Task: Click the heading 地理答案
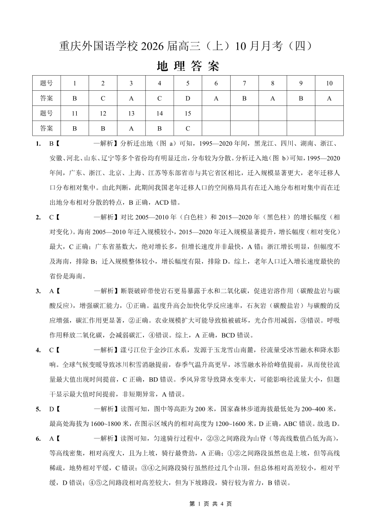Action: (x=188, y=66)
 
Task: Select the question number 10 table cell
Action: (x=329, y=83)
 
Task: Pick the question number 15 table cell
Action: (x=188, y=113)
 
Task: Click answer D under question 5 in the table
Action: (x=188, y=98)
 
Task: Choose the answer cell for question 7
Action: (x=244, y=98)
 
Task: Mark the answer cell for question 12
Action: (x=103, y=128)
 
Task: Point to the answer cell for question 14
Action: (x=160, y=128)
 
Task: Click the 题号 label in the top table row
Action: (x=46, y=83)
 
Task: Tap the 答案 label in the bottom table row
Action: (x=46, y=128)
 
